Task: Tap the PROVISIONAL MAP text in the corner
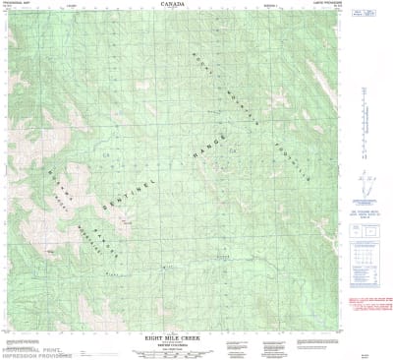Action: coord(17,4)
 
